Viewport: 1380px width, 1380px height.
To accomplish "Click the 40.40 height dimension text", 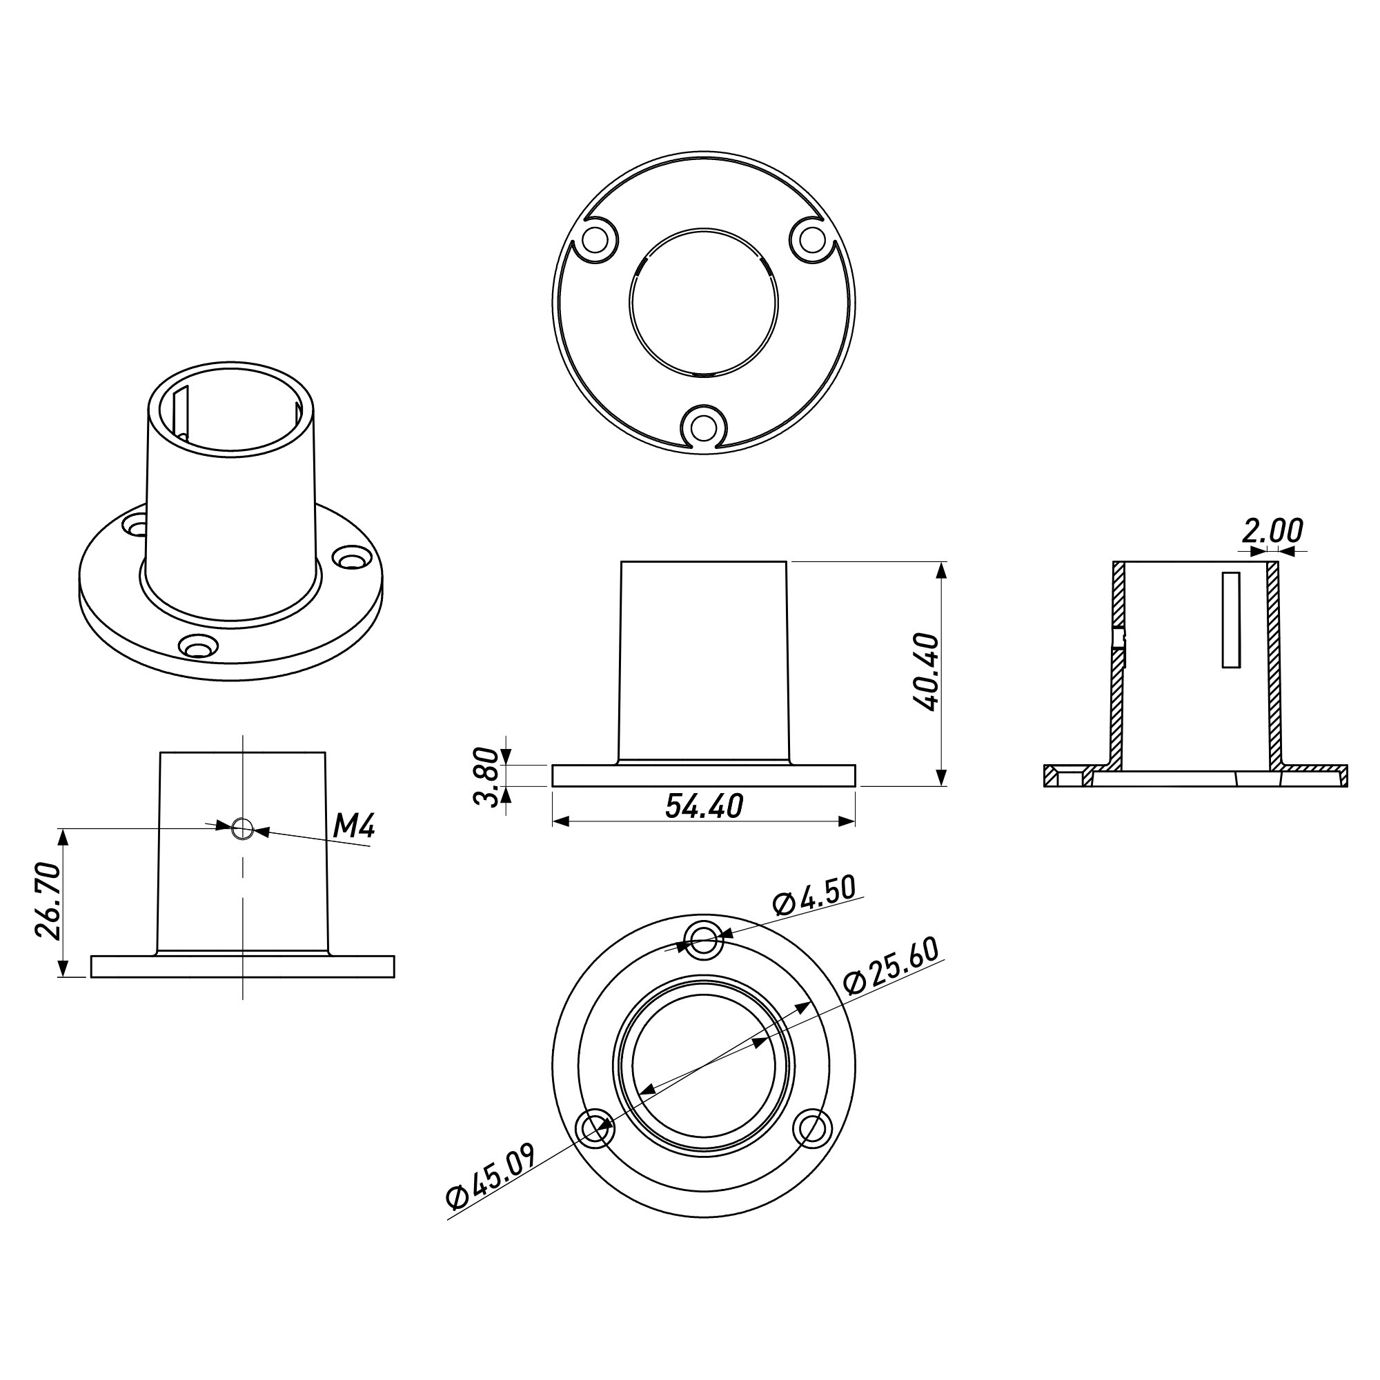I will (x=927, y=672).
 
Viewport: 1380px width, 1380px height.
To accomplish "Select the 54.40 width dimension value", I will (x=704, y=806).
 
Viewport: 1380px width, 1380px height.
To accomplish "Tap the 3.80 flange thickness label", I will (x=486, y=776).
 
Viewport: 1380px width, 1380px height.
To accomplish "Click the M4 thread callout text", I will (x=355, y=826).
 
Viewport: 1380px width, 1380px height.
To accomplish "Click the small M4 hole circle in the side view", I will (x=242, y=828).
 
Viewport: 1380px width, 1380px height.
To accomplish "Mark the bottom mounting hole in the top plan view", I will (x=704, y=427).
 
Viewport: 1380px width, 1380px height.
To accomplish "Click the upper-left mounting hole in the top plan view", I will (x=593, y=240).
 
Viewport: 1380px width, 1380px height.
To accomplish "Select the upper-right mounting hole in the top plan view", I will (x=811, y=240).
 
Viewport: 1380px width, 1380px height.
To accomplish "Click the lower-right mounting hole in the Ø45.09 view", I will (x=812, y=1129).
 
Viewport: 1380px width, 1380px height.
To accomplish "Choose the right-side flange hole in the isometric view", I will (x=352, y=557).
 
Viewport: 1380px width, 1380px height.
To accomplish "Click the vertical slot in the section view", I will (x=1231, y=620).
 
